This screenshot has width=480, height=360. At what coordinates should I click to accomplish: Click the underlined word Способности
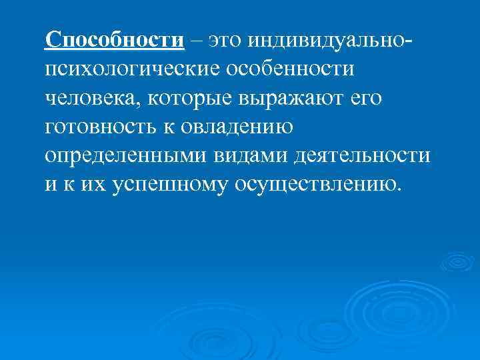tap(114, 39)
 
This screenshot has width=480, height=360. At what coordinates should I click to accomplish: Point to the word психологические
tap(133, 69)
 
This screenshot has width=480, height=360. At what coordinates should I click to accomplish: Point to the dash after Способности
tap(196, 40)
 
